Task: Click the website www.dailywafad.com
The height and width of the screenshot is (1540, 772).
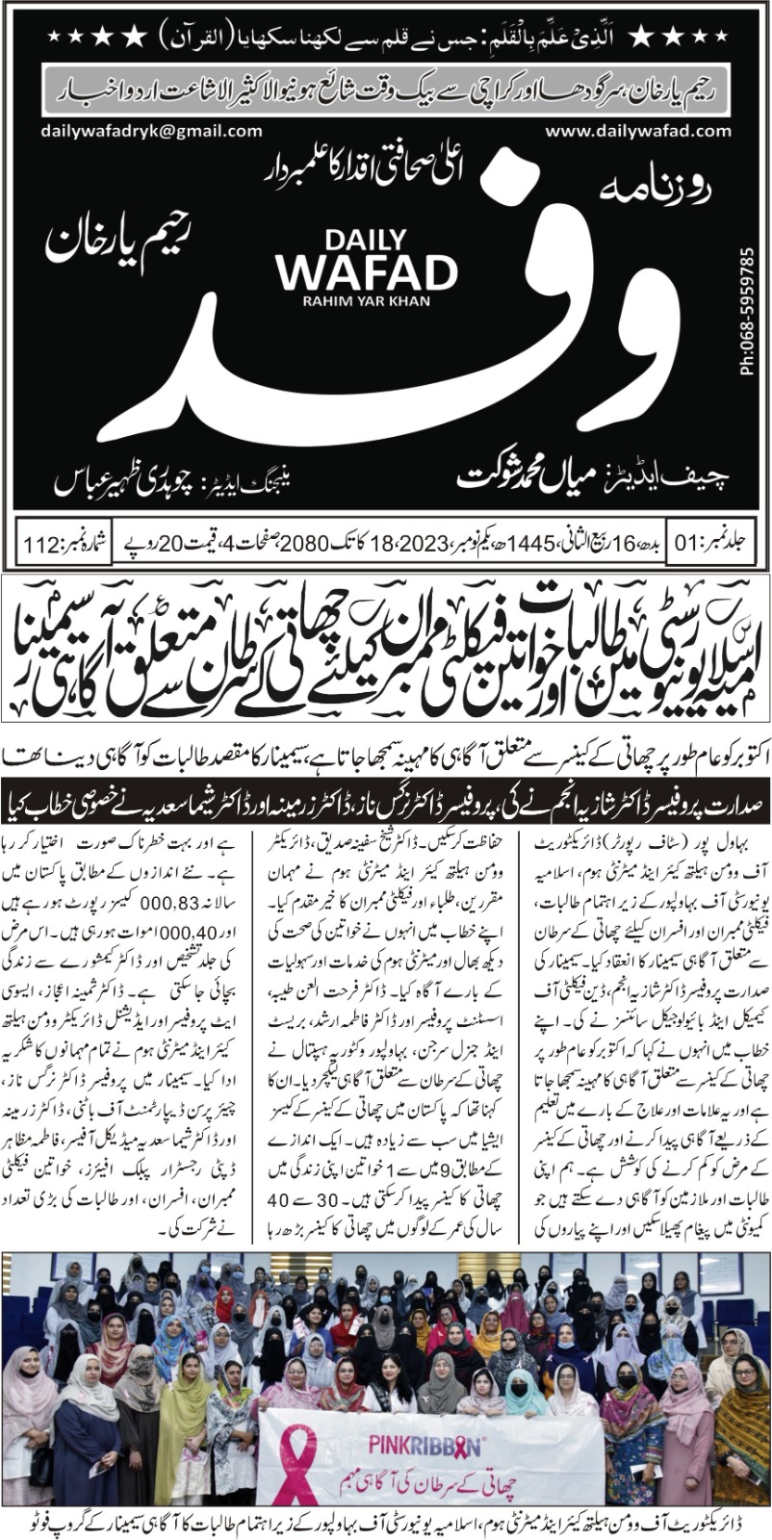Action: (644, 132)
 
